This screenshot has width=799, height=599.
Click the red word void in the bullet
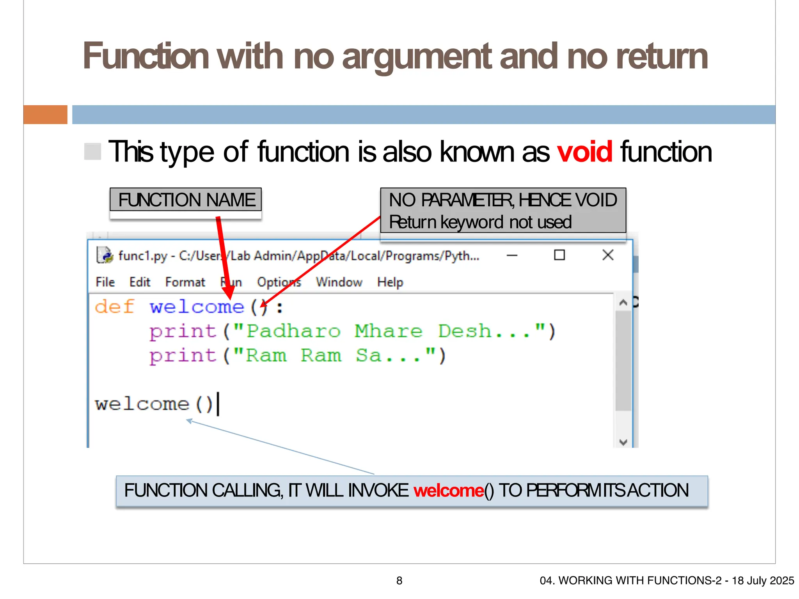point(584,152)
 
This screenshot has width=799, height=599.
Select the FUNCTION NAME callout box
point(186,200)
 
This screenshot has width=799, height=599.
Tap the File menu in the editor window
point(105,282)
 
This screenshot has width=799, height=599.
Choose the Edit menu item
point(140,282)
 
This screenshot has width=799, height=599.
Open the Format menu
point(185,282)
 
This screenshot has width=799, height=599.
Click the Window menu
point(339,282)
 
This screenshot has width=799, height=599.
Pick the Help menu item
point(390,282)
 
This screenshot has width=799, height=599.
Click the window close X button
point(607,255)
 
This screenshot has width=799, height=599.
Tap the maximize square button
point(559,255)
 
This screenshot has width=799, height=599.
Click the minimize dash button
point(512,256)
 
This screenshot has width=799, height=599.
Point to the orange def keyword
point(114,307)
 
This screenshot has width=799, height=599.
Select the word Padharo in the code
point(293,331)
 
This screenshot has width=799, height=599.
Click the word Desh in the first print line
point(464,331)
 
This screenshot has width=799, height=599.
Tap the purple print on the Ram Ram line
point(183,356)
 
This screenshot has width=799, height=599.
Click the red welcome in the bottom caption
point(449,491)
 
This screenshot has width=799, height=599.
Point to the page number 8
point(399,581)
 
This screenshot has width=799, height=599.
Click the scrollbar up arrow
point(623,303)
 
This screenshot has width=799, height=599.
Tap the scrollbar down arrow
point(623,442)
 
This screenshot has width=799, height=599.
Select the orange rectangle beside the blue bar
point(45,115)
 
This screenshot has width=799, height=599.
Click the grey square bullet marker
point(93,152)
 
